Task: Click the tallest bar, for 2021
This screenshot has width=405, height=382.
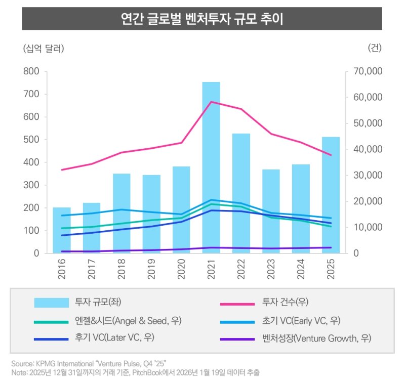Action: (211, 167)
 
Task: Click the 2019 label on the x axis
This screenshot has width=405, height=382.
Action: (151, 269)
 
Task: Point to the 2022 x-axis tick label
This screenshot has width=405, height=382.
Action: (241, 269)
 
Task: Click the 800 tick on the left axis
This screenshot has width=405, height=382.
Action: (31, 71)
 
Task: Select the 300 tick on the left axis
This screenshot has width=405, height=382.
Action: (31, 185)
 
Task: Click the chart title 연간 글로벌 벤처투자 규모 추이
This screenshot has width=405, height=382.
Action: (202, 19)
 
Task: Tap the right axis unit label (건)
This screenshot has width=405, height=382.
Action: (375, 49)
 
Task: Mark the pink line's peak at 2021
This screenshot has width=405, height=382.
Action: (211, 102)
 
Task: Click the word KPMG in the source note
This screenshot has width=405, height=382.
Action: (46, 364)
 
